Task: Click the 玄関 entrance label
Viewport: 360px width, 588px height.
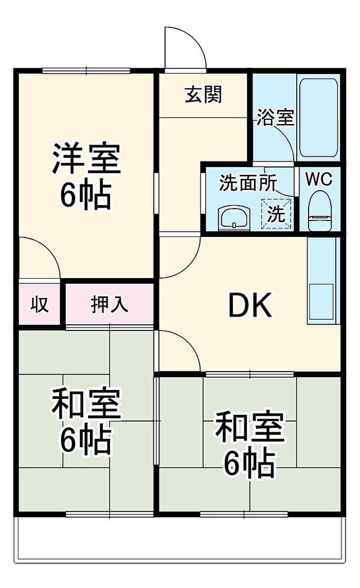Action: click(x=204, y=95)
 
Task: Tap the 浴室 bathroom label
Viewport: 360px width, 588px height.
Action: click(x=276, y=118)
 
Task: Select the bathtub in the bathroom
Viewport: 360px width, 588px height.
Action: click(x=319, y=117)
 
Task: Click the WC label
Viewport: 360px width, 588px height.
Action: click(x=319, y=179)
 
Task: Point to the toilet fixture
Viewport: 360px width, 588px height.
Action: click(x=320, y=210)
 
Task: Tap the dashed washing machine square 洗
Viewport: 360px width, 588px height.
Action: click(x=276, y=214)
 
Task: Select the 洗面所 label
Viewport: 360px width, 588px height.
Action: click(x=248, y=183)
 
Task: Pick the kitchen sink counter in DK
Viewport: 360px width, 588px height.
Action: click(x=321, y=281)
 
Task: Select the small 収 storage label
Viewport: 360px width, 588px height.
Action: click(x=40, y=304)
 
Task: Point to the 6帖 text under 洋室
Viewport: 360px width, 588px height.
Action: click(x=86, y=195)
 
